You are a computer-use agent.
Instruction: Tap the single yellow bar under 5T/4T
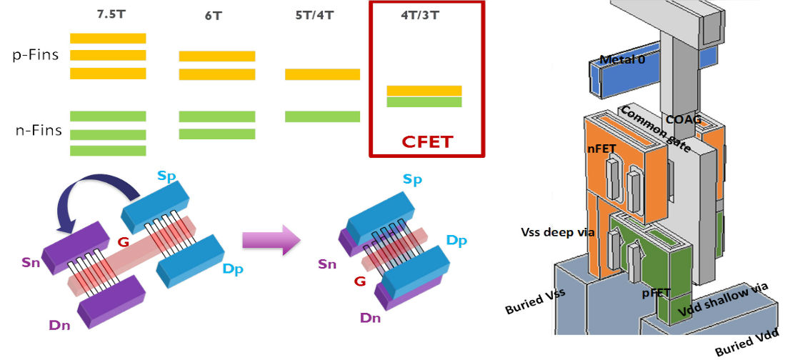tap(322, 74)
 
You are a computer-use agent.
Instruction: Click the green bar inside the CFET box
tap(424, 102)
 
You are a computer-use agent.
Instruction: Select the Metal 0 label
tap(621, 60)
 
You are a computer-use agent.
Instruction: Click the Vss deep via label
tap(554, 231)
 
